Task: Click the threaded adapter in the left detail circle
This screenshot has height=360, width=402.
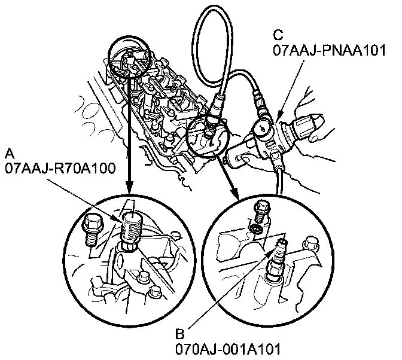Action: coord(130,228)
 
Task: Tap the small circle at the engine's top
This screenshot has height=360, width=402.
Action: coord(127,60)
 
